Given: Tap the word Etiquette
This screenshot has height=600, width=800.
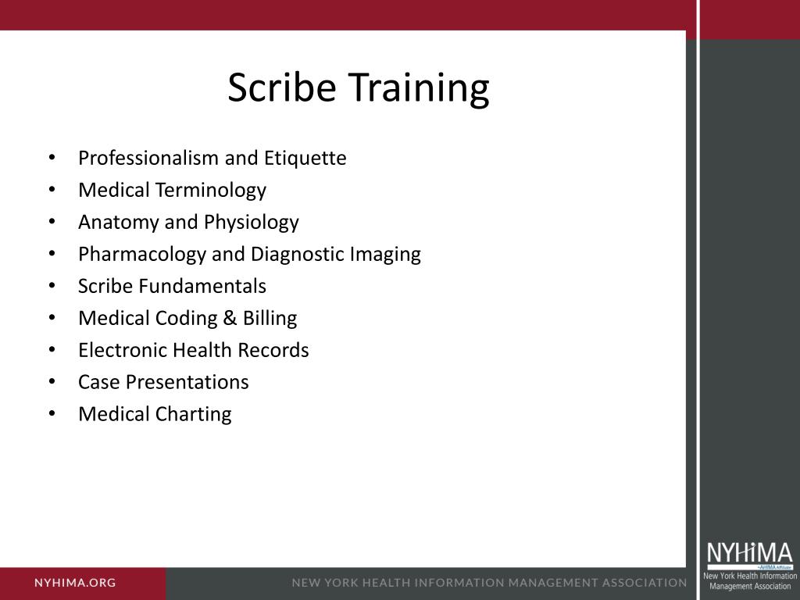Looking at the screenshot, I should click(305, 159).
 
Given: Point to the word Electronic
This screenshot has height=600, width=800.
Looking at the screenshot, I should click(123, 351).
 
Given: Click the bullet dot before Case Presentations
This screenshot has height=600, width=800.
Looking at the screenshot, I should click(52, 382).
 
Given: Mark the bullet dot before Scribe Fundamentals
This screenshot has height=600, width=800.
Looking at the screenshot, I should click(52, 286).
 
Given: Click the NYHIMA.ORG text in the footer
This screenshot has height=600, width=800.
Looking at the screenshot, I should click(75, 583).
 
